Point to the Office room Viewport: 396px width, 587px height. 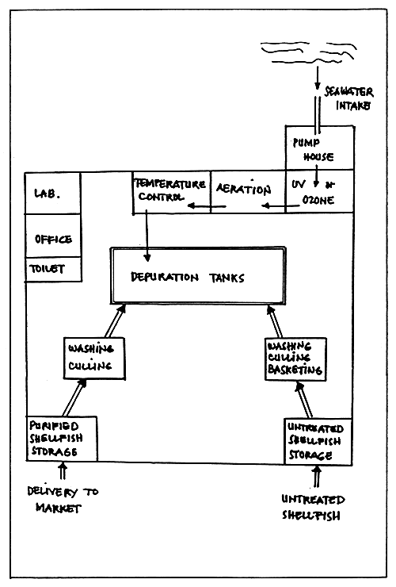[53, 237]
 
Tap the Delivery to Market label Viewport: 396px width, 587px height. [62, 499]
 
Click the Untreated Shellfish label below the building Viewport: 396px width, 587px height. [315, 507]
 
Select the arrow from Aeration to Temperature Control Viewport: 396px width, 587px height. [202, 208]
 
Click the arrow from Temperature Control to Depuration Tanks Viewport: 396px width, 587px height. [147, 238]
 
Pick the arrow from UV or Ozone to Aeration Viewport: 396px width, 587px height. [274, 207]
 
